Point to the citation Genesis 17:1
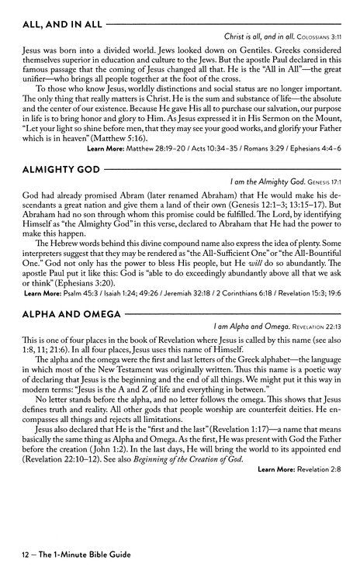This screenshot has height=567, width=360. [x=326, y=181]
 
